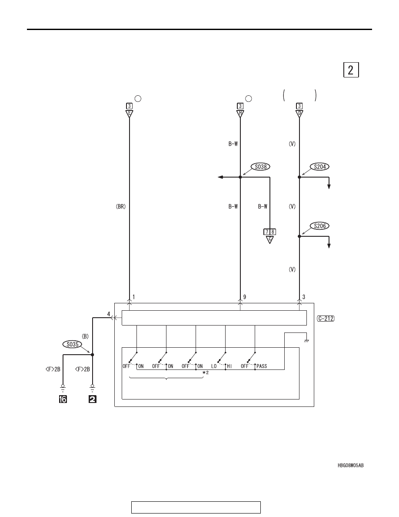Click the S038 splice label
pos(260,167)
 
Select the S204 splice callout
pos(319,167)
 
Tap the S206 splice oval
pos(319,226)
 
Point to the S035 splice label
pos(73,345)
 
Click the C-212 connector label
pos(325,319)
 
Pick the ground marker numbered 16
pos(63,399)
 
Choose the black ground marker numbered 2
pos(93,399)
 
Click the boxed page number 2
pos(351,70)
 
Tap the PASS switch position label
pos(262,366)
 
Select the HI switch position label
pos(229,366)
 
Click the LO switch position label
pos(214,366)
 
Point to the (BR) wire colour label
pos(121,207)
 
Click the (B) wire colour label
pos(85,337)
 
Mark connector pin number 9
pos(245,297)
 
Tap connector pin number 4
pos(109,314)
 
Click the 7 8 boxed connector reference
pos(269,232)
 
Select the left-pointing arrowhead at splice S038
pos(220,178)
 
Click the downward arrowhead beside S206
pos(329,245)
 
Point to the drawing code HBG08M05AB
pos(351,466)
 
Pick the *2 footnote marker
pos(206,373)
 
